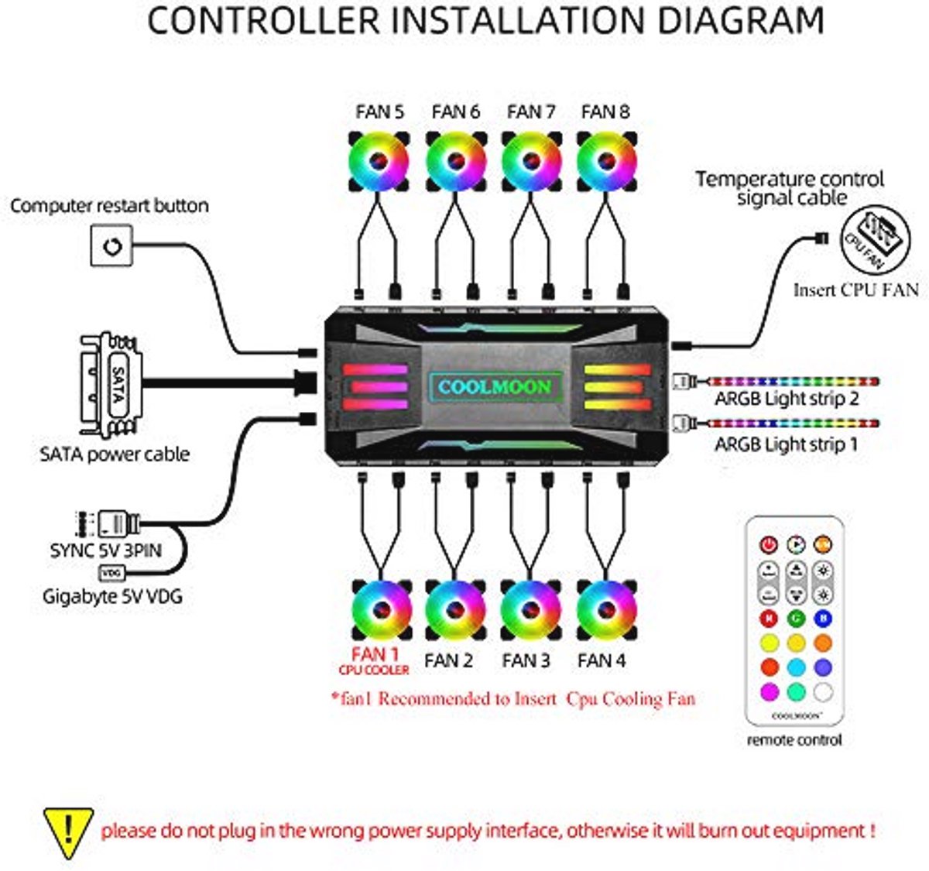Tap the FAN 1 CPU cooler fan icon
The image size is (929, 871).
click(381, 610)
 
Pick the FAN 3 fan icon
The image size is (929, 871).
click(530, 610)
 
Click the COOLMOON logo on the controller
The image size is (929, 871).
click(495, 386)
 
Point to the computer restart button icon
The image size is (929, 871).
click(111, 246)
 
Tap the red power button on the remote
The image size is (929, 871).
click(768, 545)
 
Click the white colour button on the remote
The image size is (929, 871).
click(823, 691)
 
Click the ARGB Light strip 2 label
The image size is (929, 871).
click(787, 399)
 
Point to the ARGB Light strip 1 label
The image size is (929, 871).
click(786, 444)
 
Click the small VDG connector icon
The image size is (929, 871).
click(111, 573)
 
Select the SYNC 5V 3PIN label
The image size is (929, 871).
click(105, 550)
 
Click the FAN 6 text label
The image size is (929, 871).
click(456, 112)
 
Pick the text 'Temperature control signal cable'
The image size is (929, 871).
click(790, 188)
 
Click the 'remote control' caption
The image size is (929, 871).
click(794, 740)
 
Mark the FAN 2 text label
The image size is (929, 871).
click(448, 661)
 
